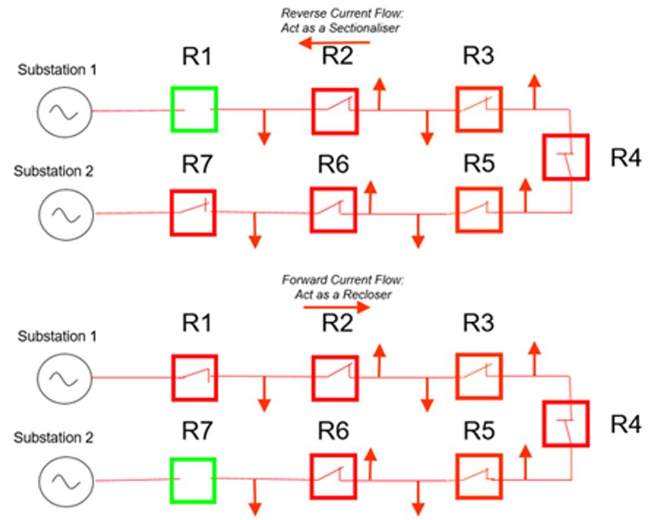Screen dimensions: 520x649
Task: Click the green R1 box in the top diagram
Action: (x=193, y=110)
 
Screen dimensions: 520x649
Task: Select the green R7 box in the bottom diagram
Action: (x=193, y=480)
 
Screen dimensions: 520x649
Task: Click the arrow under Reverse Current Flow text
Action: (x=334, y=43)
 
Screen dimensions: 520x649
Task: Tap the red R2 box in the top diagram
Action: (x=334, y=111)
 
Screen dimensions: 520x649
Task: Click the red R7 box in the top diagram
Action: (x=193, y=212)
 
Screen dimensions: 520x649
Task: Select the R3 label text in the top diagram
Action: (x=478, y=57)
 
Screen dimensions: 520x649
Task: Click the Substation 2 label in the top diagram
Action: (x=55, y=172)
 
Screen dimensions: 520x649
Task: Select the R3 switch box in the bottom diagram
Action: (x=478, y=375)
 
